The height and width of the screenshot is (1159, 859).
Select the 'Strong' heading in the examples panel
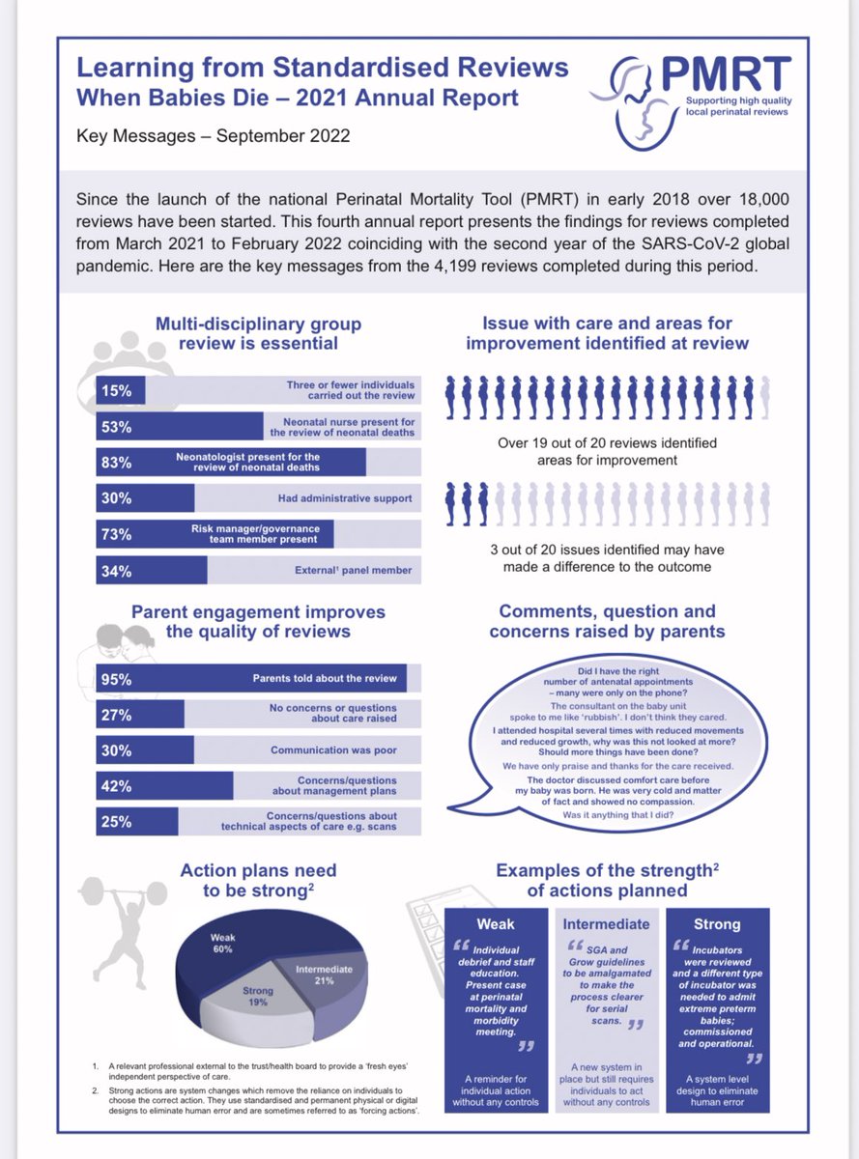717,923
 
